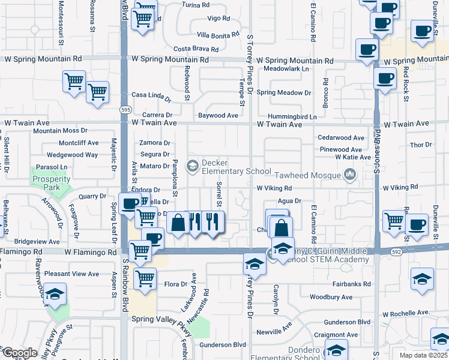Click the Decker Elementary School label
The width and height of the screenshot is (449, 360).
(x=237, y=167)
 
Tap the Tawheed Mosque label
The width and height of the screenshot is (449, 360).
(x=308, y=175)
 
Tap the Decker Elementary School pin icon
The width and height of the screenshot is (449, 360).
(x=193, y=166)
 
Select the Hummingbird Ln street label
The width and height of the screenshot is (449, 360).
(x=292, y=116)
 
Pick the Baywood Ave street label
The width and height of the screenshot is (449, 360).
(x=218, y=115)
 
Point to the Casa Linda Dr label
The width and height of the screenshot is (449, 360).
(x=151, y=95)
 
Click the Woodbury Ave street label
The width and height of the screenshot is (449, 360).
(x=331, y=297)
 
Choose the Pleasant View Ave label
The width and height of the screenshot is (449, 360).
(x=71, y=274)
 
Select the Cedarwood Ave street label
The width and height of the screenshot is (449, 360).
(x=342, y=137)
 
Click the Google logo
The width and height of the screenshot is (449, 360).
(x=19, y=352)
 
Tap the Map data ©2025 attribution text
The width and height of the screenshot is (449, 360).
(x=424, y=355)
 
